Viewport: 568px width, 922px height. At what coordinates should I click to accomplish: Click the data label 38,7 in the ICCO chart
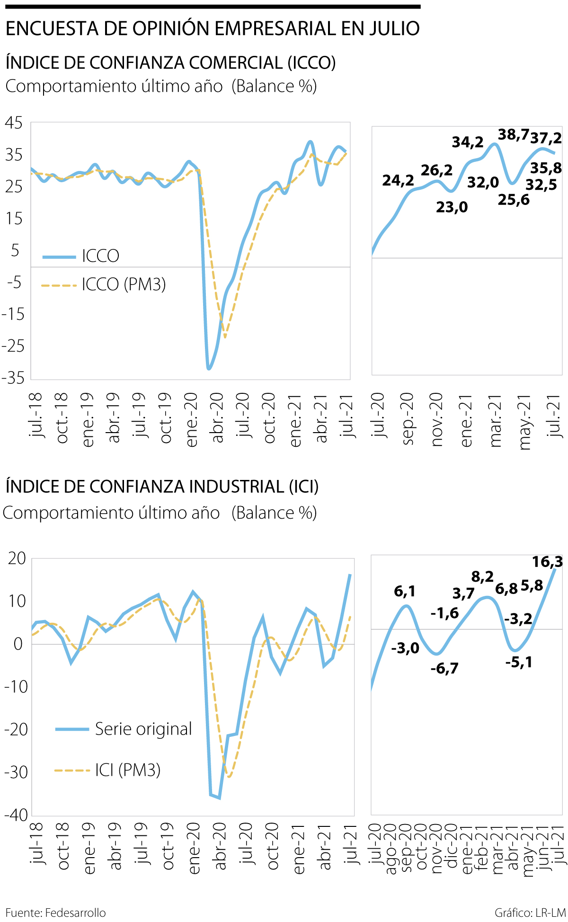click(x=513, y=135)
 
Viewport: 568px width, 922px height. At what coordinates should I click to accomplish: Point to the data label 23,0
click(x=452, y=207)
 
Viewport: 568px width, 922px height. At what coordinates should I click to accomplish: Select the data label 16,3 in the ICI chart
click(x=547, y=562)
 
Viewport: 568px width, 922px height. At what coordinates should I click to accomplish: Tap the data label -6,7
click(x=444, y=668)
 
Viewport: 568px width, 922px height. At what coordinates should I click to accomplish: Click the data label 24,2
click(x=398, y=180)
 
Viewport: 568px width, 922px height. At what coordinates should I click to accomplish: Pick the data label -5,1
click(x=519, y=662)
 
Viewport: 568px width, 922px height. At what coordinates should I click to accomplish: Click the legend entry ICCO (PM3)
click(x=124, y=284)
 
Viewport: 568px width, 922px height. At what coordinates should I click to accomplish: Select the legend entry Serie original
click(x=143, y=729)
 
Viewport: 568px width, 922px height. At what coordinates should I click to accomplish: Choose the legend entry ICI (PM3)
click(x=127, y=770)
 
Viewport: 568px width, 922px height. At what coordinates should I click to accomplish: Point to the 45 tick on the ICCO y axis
click(x=13, y=123)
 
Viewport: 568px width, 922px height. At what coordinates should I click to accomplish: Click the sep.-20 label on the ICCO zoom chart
click(x=408, y=418)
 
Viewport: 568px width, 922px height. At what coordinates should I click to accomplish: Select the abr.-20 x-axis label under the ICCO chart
click(x=217, y=418)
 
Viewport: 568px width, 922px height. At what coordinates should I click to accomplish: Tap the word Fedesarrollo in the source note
click(x=75, y=913)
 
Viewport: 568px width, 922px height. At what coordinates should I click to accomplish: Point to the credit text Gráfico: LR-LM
click(x=530, y=913)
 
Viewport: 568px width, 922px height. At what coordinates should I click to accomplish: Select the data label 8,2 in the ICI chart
click(x=482, y=576)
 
